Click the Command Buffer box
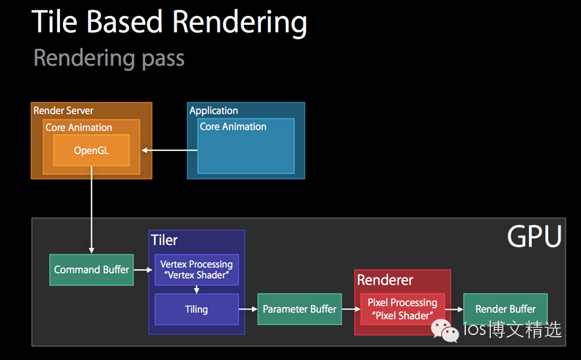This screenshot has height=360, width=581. click(x=91, y=270)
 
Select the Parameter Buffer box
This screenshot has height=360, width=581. click(x=299, y=309)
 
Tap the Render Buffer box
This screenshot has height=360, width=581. click(x=505, y=309)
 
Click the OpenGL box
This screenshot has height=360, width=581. click(x=91, y=150)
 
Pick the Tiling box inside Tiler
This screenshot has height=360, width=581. click(x=196, y=309)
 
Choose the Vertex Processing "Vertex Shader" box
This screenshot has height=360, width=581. click(x=196, y=269)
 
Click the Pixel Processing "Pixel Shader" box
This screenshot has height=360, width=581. click(x=402, y=308)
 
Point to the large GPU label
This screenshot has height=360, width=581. click(x=534, y=237)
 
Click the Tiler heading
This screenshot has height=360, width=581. click(x=164, y=240)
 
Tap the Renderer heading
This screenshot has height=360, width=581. click(x=385, y=280)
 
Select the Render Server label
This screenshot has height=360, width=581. click(x=63, y=110)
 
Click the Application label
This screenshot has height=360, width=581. click(x=213, y=111)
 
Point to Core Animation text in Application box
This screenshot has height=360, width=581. click(x=233, y=126)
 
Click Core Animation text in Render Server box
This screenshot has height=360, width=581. click(x=79, y=128)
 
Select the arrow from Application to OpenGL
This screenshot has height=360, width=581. click(x=169, y=150)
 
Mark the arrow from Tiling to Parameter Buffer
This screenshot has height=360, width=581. click(x=248, y=309)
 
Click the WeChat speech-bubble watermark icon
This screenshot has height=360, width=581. click(x=444, y=331)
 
